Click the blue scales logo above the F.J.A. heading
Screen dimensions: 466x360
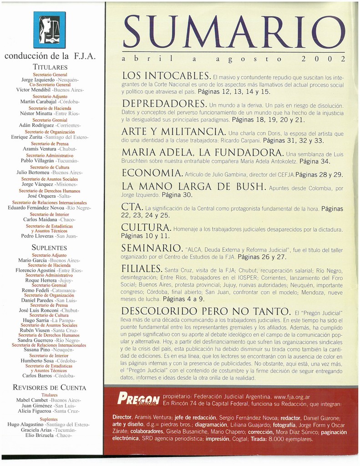coord(49,30)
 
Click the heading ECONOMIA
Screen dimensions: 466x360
coord(152,173)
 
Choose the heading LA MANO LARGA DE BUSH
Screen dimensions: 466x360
coord(193,186)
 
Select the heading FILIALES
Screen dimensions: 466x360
coord(142,268)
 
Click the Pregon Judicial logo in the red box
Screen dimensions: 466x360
coord(138,399)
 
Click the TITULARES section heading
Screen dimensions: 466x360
coord(50,67)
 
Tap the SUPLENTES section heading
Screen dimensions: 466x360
coord(49,248)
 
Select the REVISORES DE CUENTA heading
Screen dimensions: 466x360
coord(49,388)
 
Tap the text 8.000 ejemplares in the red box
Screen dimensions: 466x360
coord(291,439)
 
